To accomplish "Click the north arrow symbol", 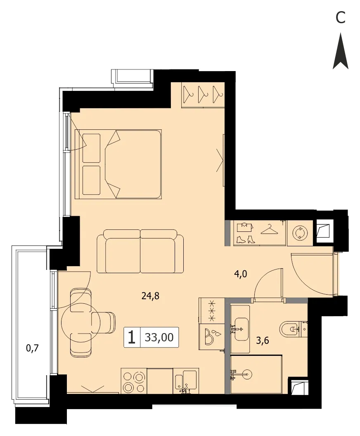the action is (x=341, y=51).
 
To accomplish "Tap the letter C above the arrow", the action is (x=340, y=17).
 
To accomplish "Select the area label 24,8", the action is (x=150, y=296).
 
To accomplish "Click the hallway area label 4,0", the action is (x=241, y=274).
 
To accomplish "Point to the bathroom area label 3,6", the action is (x=263, y=340).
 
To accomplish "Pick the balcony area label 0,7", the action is (x=32, y=348).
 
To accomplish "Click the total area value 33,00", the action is (x=159, y=337).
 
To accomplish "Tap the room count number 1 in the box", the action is (x=132, y=337).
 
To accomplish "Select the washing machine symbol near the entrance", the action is (x=300, y=232).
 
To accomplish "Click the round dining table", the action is (x=76, y=323).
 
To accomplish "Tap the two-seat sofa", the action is (x=140, y=251).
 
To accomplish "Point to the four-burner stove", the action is (x=134, y=381).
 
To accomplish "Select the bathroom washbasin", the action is (x=241, y=329).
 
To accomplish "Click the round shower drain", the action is (x=247, y=374).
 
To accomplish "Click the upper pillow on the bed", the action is (x=91, y=148).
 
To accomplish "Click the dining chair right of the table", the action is (x=104, y=322).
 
